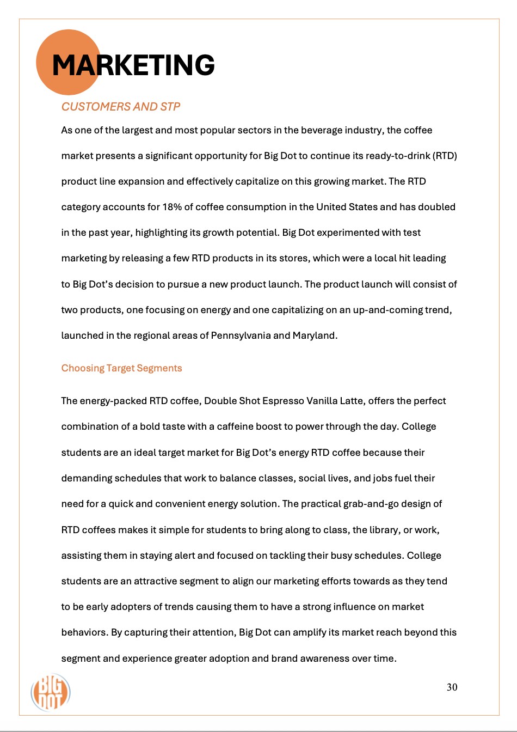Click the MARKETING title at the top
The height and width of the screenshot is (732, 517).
[133, 65]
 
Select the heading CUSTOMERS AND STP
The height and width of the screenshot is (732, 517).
[120, 107]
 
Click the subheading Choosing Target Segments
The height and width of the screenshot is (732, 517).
[121, 368]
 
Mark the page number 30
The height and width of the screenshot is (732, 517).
[452, 687]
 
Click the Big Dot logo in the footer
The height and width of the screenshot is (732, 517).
[50, 693]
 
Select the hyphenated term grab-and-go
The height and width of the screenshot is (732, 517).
[374, 504]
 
